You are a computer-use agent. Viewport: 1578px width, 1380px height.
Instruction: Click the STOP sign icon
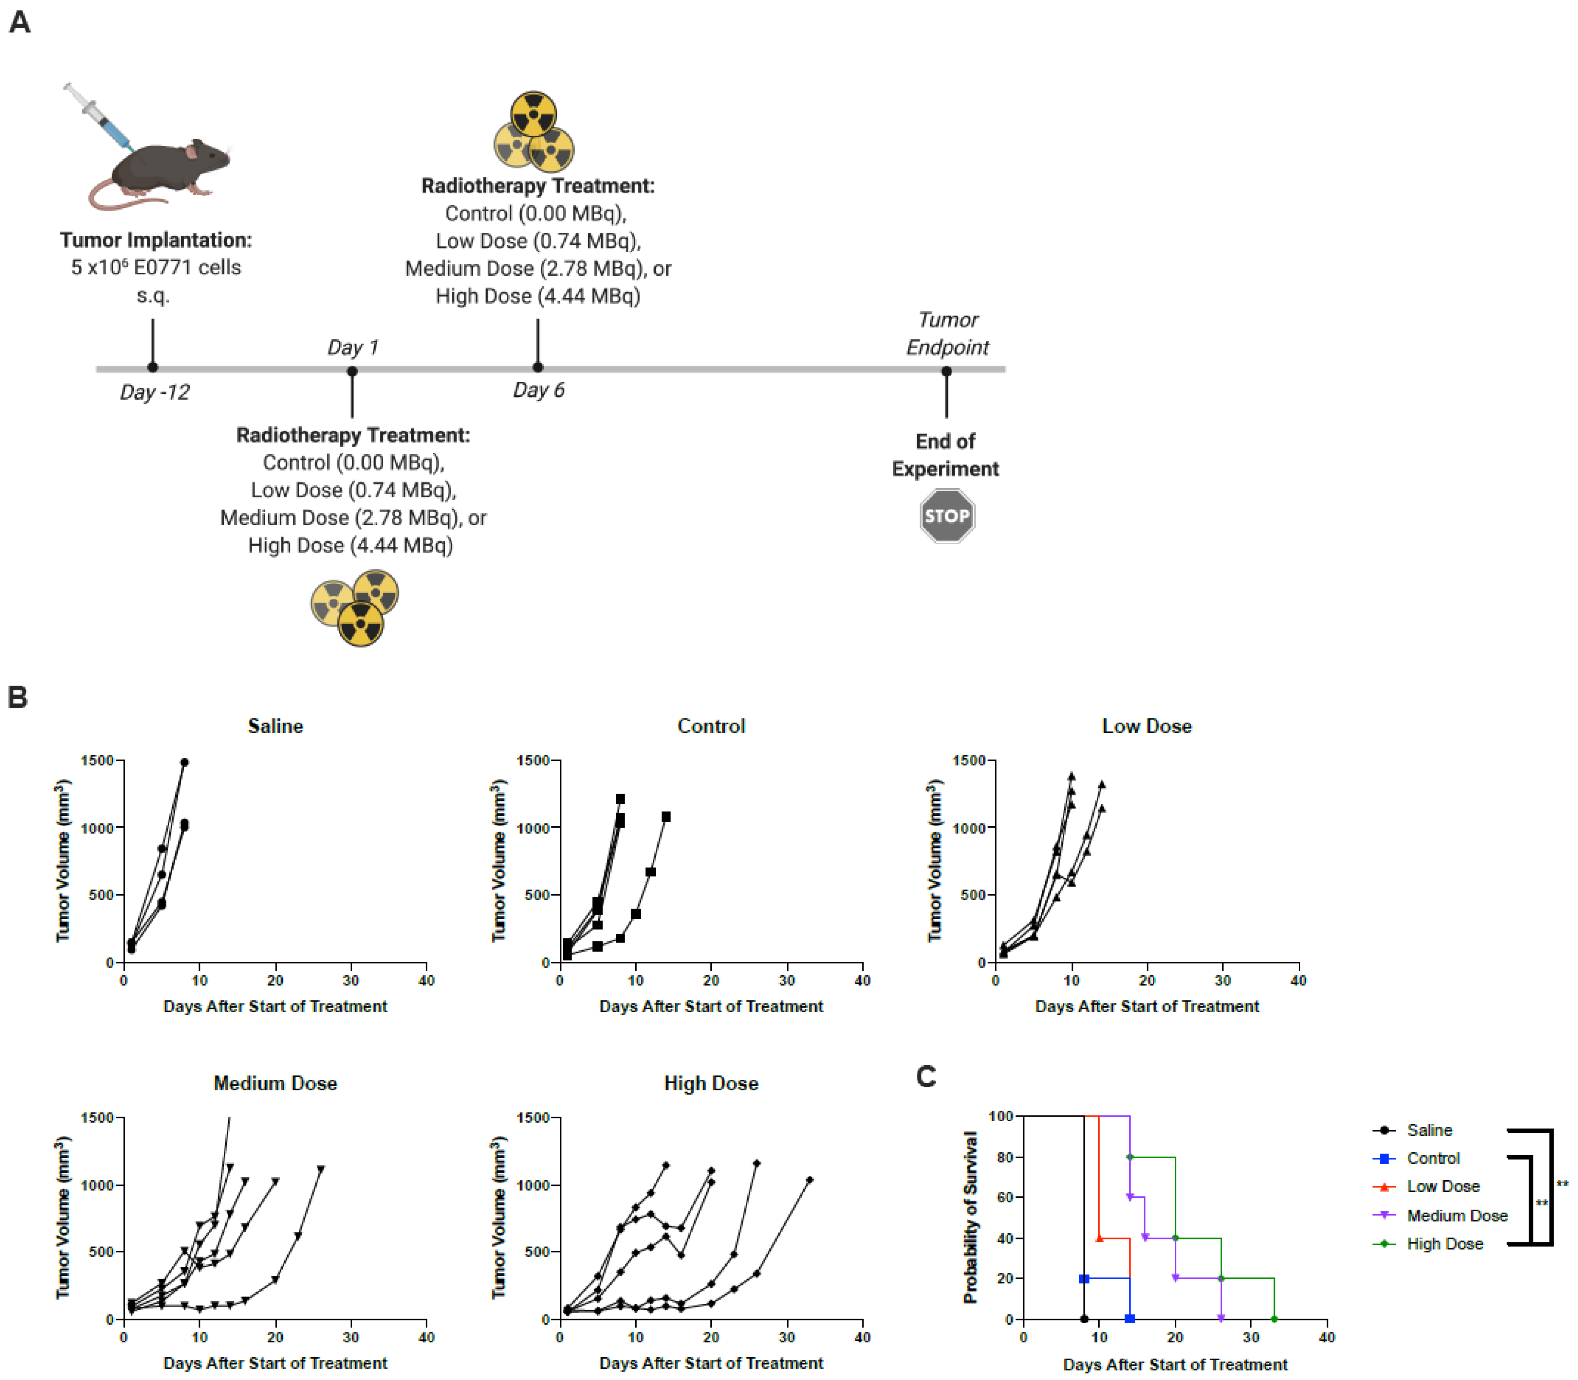point(947,516)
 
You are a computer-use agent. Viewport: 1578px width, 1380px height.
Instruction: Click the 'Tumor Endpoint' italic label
point(947,333)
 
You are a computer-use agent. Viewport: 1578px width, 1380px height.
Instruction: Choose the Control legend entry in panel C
point(1432,1158)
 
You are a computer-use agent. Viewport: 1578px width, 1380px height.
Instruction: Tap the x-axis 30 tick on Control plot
point(786,980)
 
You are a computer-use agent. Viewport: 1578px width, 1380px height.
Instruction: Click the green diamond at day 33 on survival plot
point(1274,1319)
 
